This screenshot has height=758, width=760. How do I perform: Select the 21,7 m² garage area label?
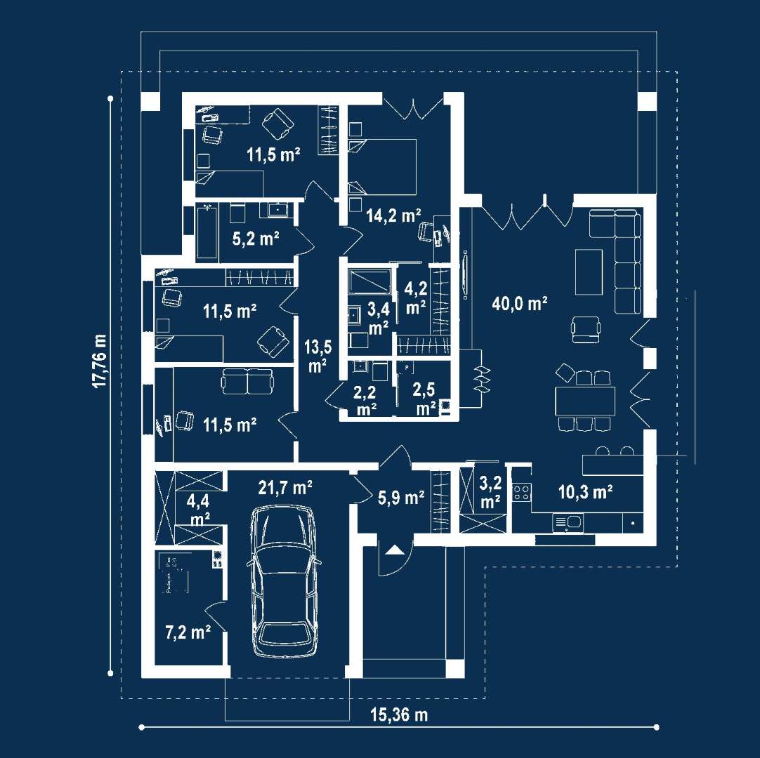(x=285, y=487)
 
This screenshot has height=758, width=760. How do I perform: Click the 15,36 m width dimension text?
(x=398, y=714)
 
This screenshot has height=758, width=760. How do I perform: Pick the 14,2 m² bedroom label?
(x=393, y=215)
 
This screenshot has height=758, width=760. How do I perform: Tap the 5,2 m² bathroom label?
(x=256, y=239)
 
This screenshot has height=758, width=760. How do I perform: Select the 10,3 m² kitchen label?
(x=586, y=492)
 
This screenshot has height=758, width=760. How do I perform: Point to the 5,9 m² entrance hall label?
(x=401, y=498)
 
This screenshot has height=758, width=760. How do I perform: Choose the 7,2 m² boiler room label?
(x=188, y=632)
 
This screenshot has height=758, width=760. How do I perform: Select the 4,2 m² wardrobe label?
(x=415, y=296)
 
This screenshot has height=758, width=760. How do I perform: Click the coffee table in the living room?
(x=589, y=272)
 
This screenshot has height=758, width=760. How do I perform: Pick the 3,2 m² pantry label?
(x=490, y=492)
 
